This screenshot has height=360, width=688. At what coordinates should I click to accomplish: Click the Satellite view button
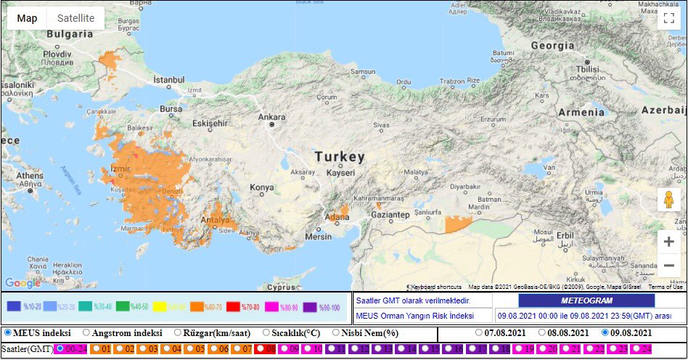tap(76, 18)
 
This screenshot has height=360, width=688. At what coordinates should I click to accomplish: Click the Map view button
tap(27, 18)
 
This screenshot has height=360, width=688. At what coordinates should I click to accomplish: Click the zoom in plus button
tap(668, 242)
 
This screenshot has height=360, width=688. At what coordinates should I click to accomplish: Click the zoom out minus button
tap(668, 266)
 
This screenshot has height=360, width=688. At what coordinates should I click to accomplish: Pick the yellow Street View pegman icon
tap(668, 200)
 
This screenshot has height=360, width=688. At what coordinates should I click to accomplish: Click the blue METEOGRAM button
tap(586, 300)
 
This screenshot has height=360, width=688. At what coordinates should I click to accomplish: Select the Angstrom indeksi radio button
tap(86, 333)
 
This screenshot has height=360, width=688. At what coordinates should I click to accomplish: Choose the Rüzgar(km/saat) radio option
tap(178, 333)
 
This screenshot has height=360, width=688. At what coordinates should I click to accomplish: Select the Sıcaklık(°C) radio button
tap(266, 333)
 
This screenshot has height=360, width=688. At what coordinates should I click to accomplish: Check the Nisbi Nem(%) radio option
tap(336, 333)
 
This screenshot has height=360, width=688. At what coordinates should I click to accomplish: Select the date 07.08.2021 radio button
tap(479, 333)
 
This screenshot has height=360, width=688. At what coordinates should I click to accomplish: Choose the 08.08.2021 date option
tap(542, 333)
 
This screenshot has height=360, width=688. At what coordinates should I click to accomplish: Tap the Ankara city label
tap(272, 117)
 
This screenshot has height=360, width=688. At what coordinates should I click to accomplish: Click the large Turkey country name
tap(339, 157)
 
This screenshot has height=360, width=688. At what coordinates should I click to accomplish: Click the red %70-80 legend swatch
tap(233, 307)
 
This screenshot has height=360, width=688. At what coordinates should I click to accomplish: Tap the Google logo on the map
tap(22, 282)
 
